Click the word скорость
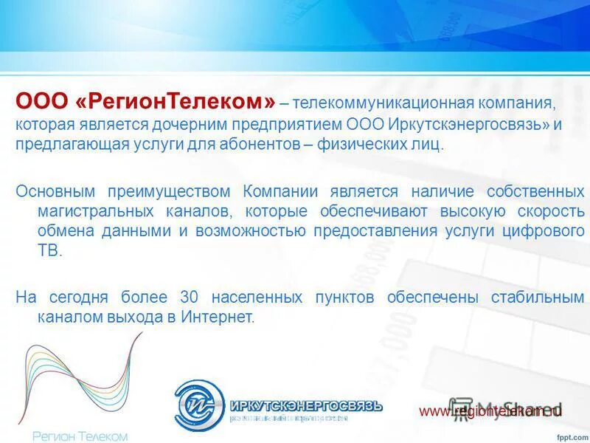click(x=549, y=211)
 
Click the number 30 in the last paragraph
click(x=190, y=298)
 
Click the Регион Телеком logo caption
click(x=80, y=436)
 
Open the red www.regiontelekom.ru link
click(x=490, y=411)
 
